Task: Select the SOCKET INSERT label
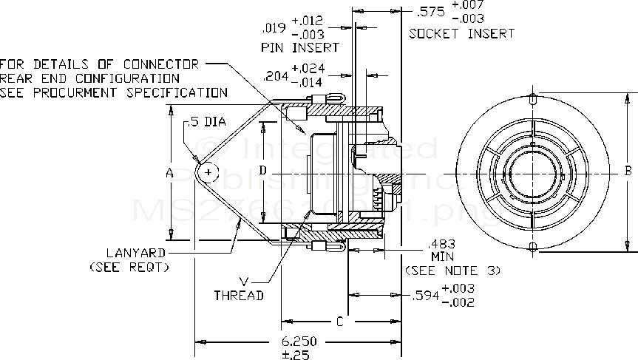461,34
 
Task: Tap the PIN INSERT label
300,47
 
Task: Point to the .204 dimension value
276,75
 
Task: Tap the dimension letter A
169,172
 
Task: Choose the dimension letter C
339,322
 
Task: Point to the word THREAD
239,295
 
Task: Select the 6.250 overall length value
299,342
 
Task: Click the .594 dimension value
424,295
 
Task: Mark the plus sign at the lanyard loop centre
209,172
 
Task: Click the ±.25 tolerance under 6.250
299,354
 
